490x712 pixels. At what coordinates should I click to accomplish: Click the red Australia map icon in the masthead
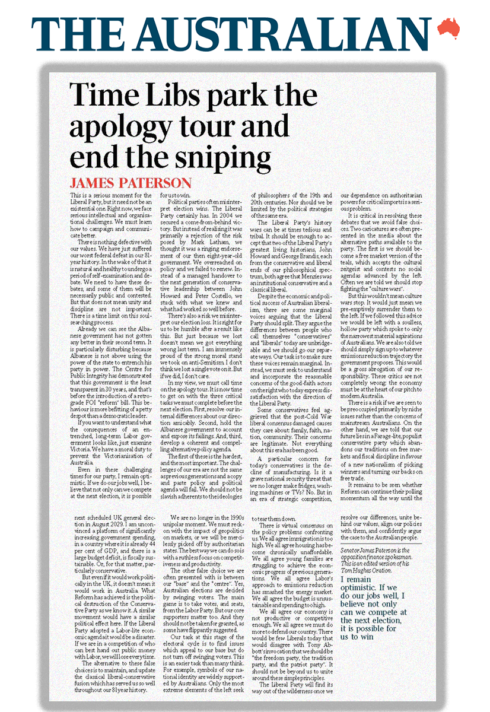(x=448, y=27)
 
